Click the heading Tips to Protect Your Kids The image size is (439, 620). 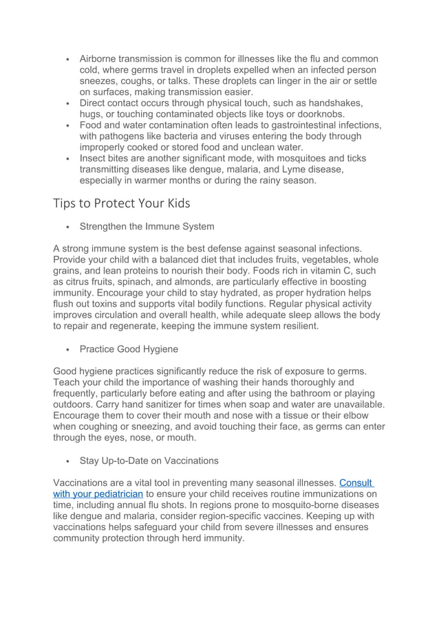[121, 203]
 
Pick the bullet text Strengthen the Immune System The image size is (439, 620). [147, 226]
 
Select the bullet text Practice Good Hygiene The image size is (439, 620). [129, 349]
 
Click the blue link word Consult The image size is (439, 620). [356, 483]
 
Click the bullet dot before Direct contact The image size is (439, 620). [67, 104]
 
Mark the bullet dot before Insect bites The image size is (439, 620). [67, 159]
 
